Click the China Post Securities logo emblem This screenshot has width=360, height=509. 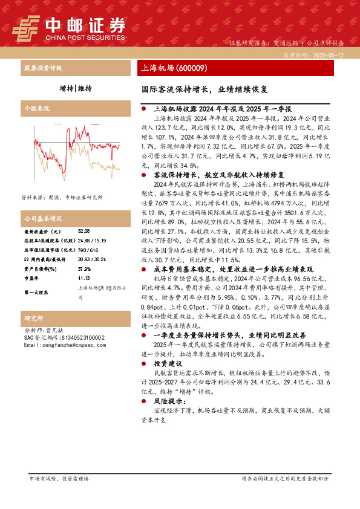coord(25,27)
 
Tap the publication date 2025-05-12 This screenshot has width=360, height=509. coord(330,54)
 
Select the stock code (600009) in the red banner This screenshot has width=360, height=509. coord(192,68)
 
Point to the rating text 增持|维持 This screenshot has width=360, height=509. coord(75,88)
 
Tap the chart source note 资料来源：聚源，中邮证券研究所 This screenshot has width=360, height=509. coord(62,198)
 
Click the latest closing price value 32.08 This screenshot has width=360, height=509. coord(83,232)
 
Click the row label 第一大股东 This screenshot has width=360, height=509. coord(36,293)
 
